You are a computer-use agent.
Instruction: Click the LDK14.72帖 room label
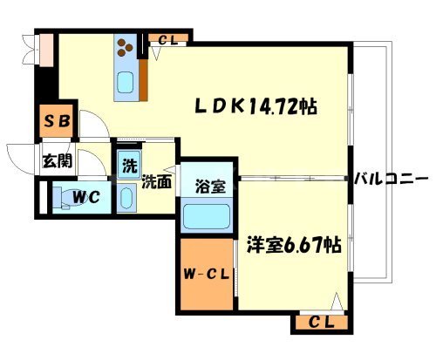tap(254, 106)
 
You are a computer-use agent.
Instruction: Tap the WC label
tap(86, 198)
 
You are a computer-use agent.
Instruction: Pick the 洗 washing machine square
tap(128, 164)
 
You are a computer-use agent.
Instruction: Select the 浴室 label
tap(207, 186)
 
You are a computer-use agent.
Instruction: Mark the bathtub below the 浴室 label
tap(208, 214)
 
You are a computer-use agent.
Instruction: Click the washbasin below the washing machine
tap(128, 200)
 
